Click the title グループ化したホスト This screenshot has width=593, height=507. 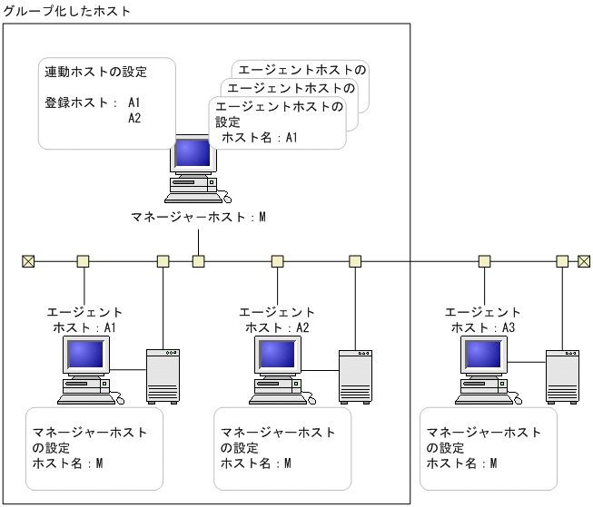click(67, 12)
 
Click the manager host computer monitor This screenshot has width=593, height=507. click(193, 154)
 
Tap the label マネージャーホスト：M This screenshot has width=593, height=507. click(198, 218)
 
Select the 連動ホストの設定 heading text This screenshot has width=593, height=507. click(96, 72)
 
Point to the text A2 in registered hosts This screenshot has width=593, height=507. click(135, 118)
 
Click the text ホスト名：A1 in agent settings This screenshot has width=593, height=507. click(260, 138)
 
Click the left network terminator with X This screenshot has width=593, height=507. click(27, 261)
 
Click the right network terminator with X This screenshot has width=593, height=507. click(584, 261)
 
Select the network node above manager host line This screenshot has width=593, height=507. click(198, 261)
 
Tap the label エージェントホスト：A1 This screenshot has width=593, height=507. click(84, 320)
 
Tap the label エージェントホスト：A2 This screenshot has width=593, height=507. click(278, 320)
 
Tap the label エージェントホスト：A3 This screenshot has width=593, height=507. click(484, 320)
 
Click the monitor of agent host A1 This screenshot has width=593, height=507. click(85, 355)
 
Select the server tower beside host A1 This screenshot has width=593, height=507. click(163, 375)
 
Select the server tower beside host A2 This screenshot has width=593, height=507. click(356, 375)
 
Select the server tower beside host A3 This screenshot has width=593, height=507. click(562, 375)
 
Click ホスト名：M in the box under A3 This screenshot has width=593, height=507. click(462, 463)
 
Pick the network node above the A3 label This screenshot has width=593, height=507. click(484, 261)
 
